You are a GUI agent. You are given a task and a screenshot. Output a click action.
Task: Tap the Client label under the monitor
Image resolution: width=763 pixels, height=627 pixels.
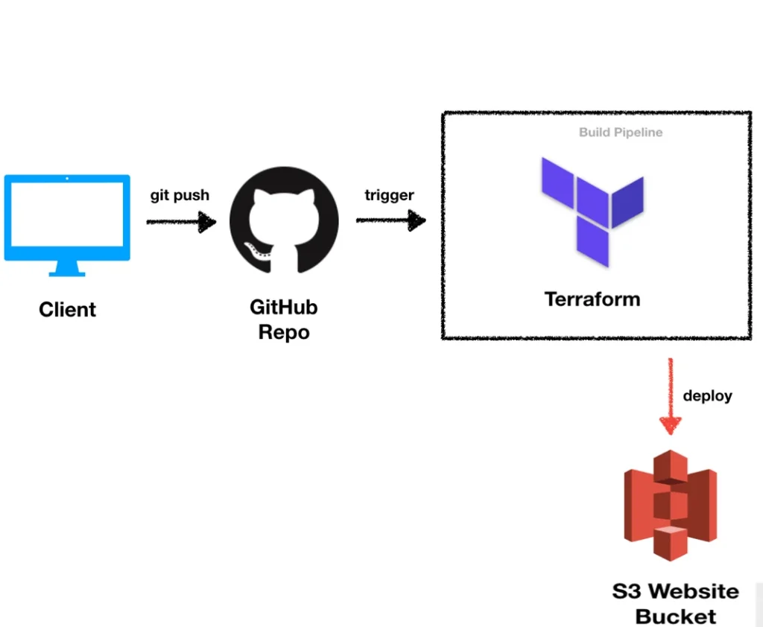[67, 309]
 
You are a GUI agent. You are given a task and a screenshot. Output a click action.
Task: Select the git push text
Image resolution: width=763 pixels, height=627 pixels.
[180, 195]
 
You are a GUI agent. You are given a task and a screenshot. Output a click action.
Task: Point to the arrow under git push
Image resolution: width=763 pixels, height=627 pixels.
[181, 222]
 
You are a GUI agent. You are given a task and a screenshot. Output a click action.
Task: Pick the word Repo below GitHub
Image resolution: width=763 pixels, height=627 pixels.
[283, 332]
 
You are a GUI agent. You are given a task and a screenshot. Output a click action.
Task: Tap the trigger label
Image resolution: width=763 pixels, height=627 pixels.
[389, 195]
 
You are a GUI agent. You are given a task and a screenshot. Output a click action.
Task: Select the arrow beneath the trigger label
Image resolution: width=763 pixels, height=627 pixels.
[390, 220]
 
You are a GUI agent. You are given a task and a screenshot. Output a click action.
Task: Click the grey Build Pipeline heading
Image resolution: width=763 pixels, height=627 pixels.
[621, 133]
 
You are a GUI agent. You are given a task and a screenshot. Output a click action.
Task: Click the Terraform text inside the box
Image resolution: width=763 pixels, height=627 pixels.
[592, 299]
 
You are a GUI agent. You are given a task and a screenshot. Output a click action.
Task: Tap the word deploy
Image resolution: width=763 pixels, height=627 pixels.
[707, 395]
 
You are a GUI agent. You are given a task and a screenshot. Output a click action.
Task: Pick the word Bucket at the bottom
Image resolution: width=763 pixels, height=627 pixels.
[676, 617]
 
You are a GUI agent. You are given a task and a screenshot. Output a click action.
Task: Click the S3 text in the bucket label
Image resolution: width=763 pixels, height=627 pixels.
[627, 592]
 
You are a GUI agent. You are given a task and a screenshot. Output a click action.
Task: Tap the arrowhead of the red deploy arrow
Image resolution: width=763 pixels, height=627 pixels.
[671, 424]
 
